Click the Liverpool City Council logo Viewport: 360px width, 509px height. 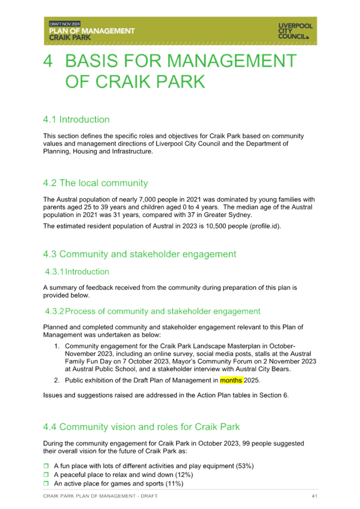[295, 31]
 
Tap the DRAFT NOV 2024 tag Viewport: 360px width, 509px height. [65, 24]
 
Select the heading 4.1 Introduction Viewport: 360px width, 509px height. [76, 120]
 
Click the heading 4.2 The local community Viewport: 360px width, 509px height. [95, 183]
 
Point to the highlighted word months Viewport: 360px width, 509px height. [231, 380]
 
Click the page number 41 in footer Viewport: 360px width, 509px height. [314, 496]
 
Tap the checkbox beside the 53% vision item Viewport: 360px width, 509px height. [46, 466]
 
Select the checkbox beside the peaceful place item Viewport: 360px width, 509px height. [46, 475]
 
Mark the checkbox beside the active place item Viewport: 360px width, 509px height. [46, 483]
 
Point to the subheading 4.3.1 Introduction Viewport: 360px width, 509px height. [77, 272]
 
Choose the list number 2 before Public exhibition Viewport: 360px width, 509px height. [57, 380]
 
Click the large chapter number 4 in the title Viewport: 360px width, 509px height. [48, 61]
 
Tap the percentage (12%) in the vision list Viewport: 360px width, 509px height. [184, 475]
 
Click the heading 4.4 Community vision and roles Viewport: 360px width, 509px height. [141, 427]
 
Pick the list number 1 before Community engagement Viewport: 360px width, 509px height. [57, 346]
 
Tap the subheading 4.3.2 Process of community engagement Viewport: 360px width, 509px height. [153, 311]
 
